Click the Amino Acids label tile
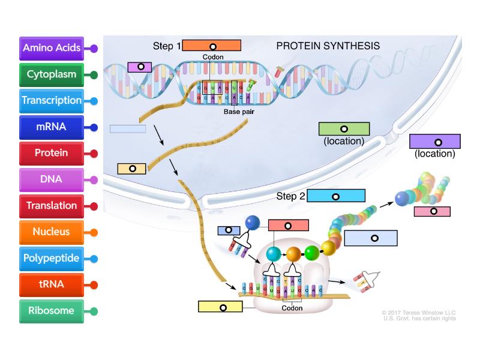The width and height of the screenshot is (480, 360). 51,48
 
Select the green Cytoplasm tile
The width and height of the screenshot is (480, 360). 51,74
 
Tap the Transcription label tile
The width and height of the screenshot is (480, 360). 51,100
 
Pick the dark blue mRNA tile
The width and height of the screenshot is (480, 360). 51,127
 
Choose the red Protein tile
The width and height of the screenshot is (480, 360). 51,153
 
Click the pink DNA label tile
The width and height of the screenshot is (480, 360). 51,179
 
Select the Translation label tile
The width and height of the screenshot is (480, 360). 51,205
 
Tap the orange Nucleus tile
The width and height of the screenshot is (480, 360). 51,232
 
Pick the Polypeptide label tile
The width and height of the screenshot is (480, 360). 51,258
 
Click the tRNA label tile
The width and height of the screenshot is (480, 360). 51,284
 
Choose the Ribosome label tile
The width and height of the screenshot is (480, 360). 51,311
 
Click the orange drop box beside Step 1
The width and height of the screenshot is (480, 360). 212,46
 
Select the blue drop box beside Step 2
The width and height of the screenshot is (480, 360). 336,196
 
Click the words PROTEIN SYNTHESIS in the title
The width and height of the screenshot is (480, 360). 328,46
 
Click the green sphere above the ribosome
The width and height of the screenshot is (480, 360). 311,252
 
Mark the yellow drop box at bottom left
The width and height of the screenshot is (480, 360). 221,307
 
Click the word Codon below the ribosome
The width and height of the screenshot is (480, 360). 292,308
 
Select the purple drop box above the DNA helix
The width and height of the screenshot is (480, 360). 140,67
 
